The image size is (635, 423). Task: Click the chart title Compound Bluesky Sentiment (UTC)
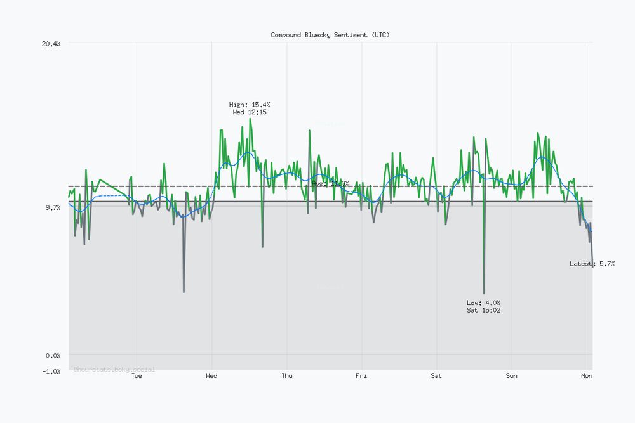[x=330, y=35]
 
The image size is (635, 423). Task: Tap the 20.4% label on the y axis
[x=51, y=43]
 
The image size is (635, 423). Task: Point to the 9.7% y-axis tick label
[x=52, y=207]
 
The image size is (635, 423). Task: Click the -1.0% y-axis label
[x=51, y=371]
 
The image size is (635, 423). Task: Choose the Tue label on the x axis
[x=137, y=376]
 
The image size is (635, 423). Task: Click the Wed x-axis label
[x=211, y=376]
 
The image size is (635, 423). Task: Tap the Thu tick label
[x=287, y=376]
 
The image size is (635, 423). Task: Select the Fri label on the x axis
[x=361, y=376]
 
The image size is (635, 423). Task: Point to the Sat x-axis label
[x=436, y=376]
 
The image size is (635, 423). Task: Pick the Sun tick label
[x=512, y=376]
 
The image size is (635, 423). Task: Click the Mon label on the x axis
[x=587, y=376]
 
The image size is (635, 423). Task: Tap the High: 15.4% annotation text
[x=250, y=104]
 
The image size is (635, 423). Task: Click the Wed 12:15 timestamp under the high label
[x=250, y=112]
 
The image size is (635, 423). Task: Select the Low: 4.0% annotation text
[x=483, y=303]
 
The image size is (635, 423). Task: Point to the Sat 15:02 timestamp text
[x=483, y=310]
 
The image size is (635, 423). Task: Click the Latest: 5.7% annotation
[x=592, y=263]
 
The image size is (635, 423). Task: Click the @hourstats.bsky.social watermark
[x=114, y=368]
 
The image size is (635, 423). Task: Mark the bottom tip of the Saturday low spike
[x=484, y=294]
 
